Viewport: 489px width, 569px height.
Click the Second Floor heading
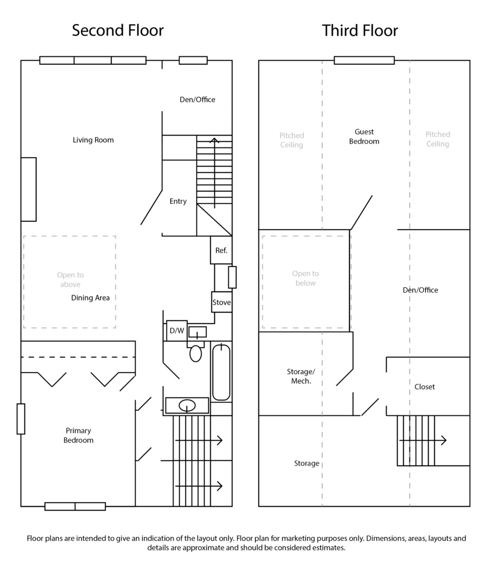(x=118, y=31)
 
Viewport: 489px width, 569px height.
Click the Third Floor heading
(x=360, y=31)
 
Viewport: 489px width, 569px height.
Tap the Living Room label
(x=93, y=140)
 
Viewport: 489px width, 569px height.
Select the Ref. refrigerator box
(x=221, y=251)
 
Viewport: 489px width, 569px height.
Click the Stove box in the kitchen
(x=222, y=302)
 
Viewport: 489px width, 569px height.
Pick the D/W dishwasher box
(x=177, y=331)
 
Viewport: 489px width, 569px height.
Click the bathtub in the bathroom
(x=221, y=371)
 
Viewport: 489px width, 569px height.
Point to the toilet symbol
(x=196, y=353)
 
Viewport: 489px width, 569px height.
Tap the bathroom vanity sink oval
(x=187, y=406)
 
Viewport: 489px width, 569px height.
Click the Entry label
(x=178, y=201)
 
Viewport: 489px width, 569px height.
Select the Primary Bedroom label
(x=79, y=435)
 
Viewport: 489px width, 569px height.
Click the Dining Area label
(x=91, y=298)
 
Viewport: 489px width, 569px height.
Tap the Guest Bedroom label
(x=364, y=136)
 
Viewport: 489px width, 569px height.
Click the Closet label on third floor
(x=425, y=387)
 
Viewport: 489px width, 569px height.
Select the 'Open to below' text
(x=305, y=278)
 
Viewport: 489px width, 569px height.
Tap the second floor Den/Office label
(x=197, y=100)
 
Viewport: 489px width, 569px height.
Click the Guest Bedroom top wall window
(x=364, y=60)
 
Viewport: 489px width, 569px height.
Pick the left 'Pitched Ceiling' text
(x=292, y=140)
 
